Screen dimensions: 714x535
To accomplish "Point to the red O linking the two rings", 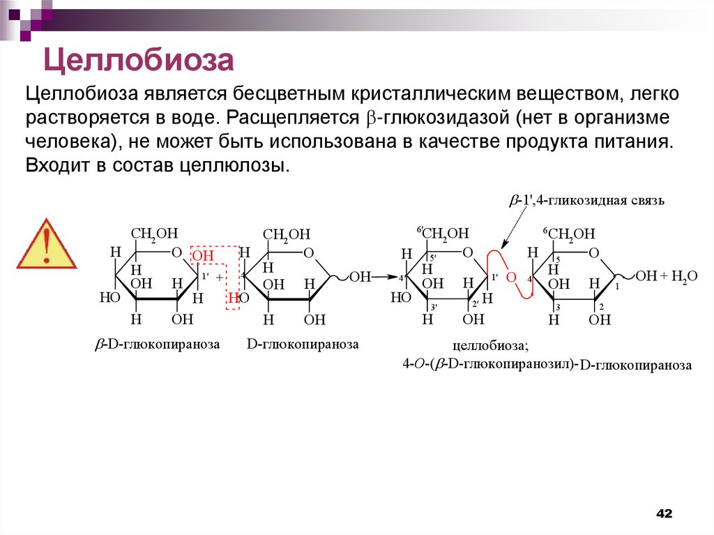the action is (510, 278).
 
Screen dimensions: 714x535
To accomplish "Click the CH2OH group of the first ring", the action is (155, 233).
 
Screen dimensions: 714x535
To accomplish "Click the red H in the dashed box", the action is (231, 299).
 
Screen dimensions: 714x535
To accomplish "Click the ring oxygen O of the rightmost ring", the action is (594, 253).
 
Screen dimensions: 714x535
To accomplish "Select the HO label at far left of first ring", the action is (109, 297).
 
